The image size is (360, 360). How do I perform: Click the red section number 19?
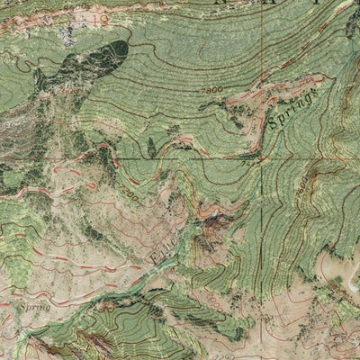point(99,18)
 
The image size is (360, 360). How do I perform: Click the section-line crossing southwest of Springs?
point(262,159)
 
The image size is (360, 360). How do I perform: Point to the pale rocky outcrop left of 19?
point(66,32)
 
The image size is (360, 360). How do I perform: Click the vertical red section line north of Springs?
point(262,54)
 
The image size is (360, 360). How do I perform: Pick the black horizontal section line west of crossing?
point(135,159)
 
